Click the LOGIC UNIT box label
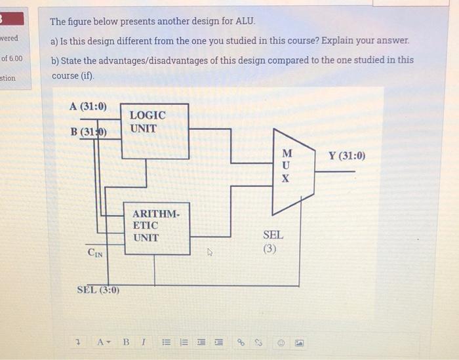pyautogui.click(x=148, y=121)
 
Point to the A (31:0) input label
pyautogui.click(x=88, y=106)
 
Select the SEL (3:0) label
pyautogui.click(x=98, y=290)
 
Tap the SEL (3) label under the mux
pyautogui.click(x=273, y=241)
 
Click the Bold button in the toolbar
pyautogui.click(x=126, y=342)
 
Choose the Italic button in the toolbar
pyautogui.click(x=142, y=342)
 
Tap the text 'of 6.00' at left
pyautogui.click(x=11, y=58)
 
